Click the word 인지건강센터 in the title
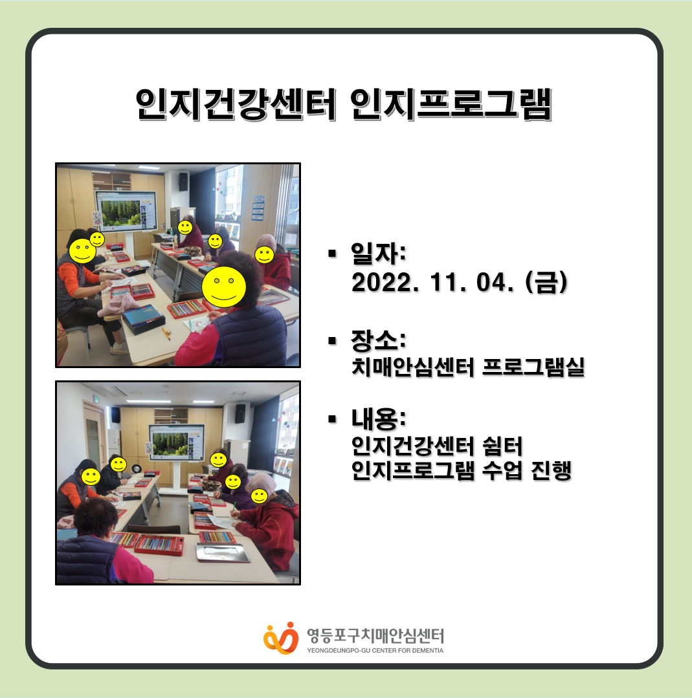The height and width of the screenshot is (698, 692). tap(236, 105)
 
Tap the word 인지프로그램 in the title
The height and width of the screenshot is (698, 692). tap(451, 105)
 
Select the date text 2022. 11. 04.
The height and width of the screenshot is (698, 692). tap(432, 282)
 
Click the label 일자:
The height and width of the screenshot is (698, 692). tap(378, 254)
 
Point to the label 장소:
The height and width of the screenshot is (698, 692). tap(378, 340)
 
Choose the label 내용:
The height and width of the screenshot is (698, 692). tap(378, 419)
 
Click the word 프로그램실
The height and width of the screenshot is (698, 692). tap(533, 367)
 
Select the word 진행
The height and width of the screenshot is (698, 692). tap(551, 470)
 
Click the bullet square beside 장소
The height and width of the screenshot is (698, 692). tap(332, 341)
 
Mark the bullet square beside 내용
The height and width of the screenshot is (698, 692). tap(332, 419)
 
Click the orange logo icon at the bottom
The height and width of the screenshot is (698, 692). tap(281, 638)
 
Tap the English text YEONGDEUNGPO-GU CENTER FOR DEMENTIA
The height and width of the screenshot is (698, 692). tap(375, 650)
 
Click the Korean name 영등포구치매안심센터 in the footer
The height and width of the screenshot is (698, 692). tap(375, 636)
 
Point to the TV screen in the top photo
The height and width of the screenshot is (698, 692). tap(126, 212)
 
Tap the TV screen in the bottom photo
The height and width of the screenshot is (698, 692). tap(177, 442)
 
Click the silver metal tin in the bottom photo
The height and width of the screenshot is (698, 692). tap(223, 552)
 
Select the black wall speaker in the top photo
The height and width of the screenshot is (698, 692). tap(183, 182)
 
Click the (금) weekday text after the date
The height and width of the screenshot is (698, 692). tap(546, 282)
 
